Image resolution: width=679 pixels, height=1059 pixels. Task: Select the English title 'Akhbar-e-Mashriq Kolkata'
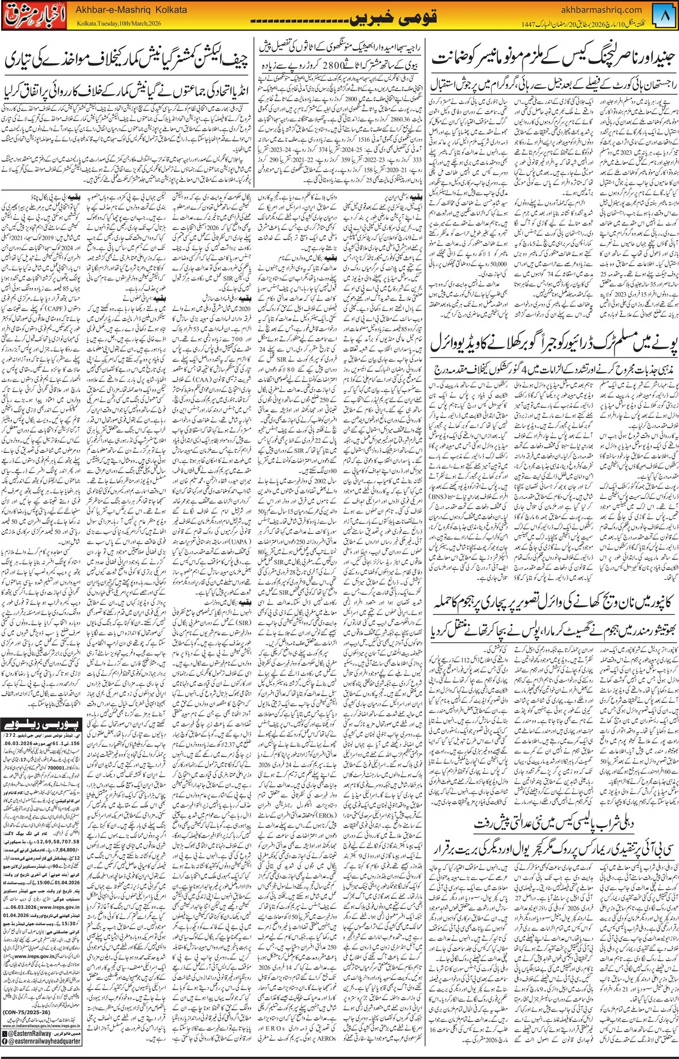(121, 10)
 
